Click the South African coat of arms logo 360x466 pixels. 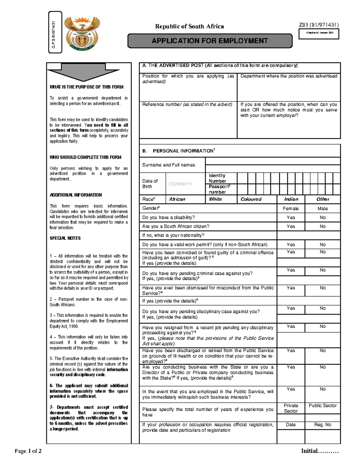pos(82,33)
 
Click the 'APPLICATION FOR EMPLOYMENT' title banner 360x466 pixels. pos(210,41)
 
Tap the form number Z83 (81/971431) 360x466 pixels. pos(319,25)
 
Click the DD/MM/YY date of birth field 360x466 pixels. pos(181,184)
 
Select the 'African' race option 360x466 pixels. pos(177,199)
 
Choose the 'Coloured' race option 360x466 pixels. pos(251,199)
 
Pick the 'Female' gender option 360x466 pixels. pos(291,209)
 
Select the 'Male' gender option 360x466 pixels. pos(322,209)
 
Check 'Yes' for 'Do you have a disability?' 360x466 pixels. pos(291,218)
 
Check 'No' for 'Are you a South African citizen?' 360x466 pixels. pos(322,227)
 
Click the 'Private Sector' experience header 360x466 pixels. pos(291,408)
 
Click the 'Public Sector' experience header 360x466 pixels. pos(322,406)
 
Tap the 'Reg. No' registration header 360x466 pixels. pos(322,425)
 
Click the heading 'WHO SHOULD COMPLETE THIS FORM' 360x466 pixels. pos(85,157)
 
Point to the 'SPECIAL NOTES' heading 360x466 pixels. pos(65,238)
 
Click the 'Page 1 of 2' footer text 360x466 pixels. pos(28,451)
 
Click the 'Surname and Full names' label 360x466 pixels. pos(169,165)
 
